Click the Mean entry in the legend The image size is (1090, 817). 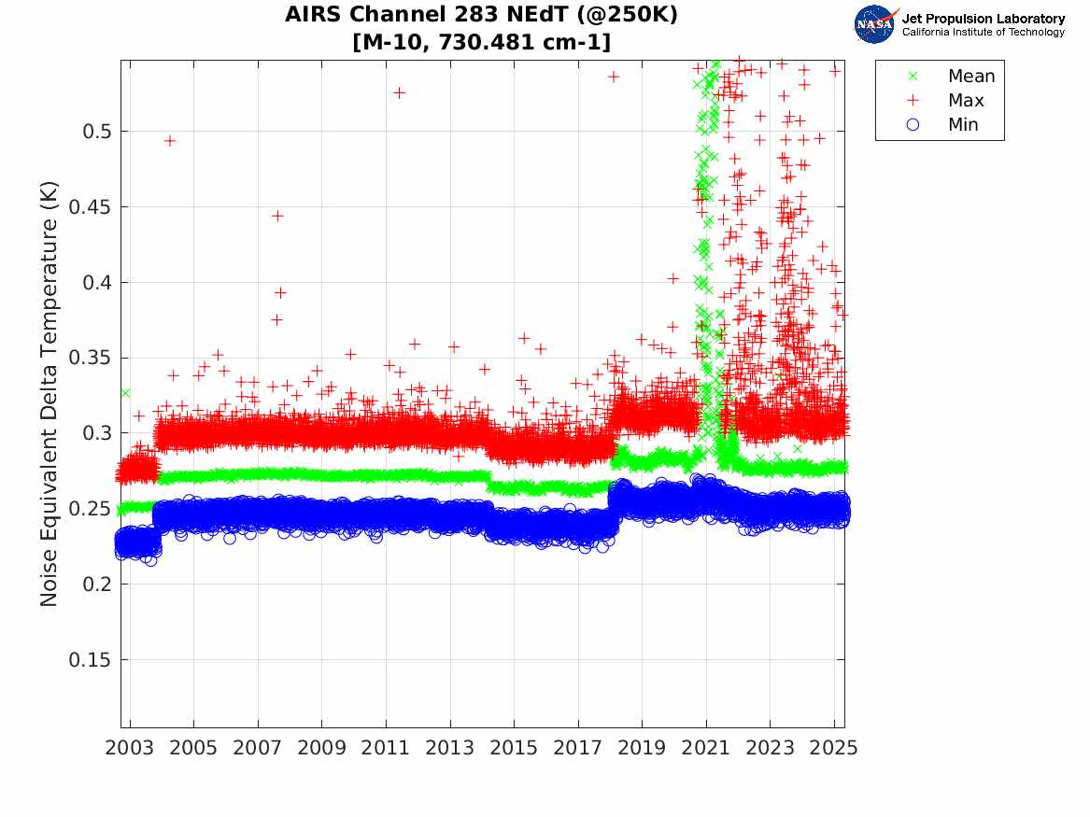click(x=971, y=77)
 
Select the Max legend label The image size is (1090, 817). click(x=965, y=101)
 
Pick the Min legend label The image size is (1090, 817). click(x=963, y=125)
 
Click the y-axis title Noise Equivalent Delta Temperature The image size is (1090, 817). click(x=50, y=394)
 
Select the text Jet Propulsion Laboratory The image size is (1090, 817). click(x=983, y=19)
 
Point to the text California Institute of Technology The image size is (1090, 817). click(x=983, y=33)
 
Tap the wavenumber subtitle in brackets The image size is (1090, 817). click(x=482, y=43)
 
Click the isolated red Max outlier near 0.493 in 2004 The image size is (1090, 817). click(x=170, y=141)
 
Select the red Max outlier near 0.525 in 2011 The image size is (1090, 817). click(x=399, y=92)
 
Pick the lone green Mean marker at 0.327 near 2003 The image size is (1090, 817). click(x=125, y=392)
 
